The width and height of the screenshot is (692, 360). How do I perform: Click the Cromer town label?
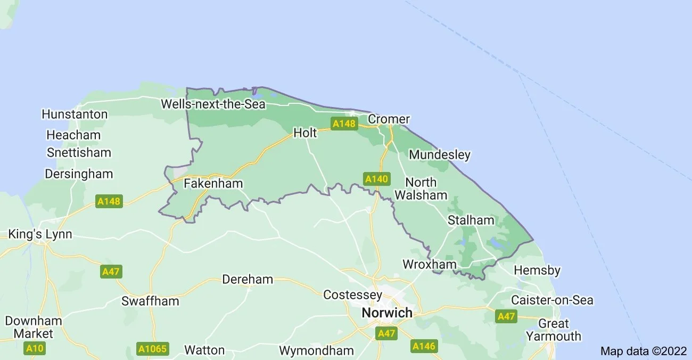pyautogui.click(x=389, y=119)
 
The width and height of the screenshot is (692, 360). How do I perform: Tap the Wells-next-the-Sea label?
pyautogui.click(x=213, y=104)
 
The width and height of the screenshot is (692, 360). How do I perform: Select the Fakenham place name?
pyautogui.click(x=213, y=184)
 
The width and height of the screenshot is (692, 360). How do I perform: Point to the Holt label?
pyautogui.click(x=305, y=133)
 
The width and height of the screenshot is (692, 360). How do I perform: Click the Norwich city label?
pyautogui.click(x=387, y=313)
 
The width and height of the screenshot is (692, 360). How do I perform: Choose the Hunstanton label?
pyautogui.click(x=75, y=114)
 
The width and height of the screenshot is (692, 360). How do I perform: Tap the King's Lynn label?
pyautogui.click(x=40, y=234)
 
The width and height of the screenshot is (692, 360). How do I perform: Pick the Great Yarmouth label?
pyautogui.click(x=554, y=330)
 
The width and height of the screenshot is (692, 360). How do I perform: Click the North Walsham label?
pyautogui.click(x=421, y=189)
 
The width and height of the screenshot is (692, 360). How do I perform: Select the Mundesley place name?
pyautogui.click(x=440, y=155)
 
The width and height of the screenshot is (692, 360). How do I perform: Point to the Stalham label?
pyautogui.click(x=471, y=220)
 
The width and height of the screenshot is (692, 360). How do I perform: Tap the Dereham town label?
pyautogui.click(x=248, y=279)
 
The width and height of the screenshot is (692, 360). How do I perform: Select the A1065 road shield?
pyautogui.click(x=153, y=349)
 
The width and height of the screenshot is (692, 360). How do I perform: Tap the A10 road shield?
pyautogui.click(x=35, y=349)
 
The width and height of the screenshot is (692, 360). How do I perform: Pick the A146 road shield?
pyautogui.click(x=424, y=346)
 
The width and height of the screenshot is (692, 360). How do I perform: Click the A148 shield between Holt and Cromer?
pyautogui.click(x=343, y=124)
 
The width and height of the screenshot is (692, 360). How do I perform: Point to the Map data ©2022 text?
pyautogui.click(x=644, y=351)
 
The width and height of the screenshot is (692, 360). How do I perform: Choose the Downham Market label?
pyautogui.click(x=34, y=327)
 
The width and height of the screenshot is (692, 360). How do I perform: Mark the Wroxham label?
pyautogui.click(x=430, y=264)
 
